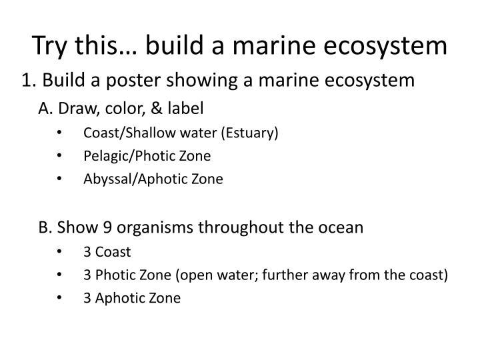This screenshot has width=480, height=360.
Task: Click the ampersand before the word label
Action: (x=160, y=108)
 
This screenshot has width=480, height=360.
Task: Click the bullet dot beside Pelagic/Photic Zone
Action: (x=61, y=156)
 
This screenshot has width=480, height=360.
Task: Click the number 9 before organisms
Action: (x=98, y=227)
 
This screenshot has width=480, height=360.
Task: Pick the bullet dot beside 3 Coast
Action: (x=61, y=252)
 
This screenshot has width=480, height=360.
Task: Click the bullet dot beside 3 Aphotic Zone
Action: (x=61, y=297)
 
